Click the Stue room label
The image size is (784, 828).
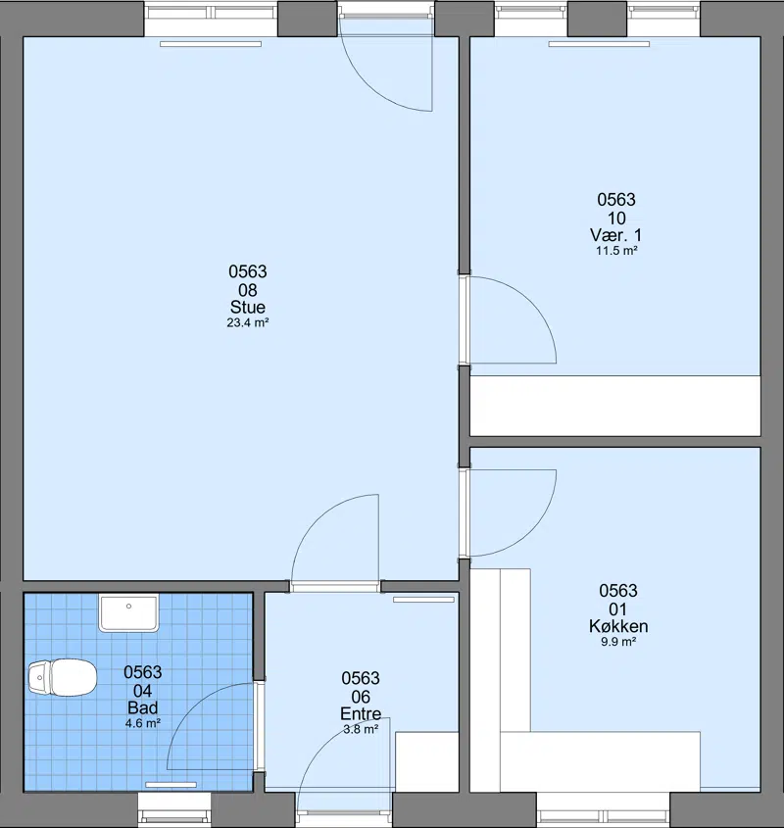(x=247, y=307)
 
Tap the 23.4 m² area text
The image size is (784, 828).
(x=248, y=322)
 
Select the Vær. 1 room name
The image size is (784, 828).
(x=616, y=235)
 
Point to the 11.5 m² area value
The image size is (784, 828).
(x=616, y=251)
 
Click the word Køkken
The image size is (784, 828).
(x=618, y=626)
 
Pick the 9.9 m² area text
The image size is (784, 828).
(x=618, y=642)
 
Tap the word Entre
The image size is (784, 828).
(x=361, y=714)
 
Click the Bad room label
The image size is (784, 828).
(x=143, y=707)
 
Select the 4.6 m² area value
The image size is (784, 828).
(x=143, y=723)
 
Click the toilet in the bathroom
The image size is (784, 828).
(x=63, y=677)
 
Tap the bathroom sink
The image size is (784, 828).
(x=129, y=613)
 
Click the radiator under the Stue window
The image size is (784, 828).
(x=211, y=44)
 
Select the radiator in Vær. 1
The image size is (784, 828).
(x=599, y=44)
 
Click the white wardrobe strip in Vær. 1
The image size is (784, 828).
(x=615, y=406)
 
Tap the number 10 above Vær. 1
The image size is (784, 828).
(x=616, y=219)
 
